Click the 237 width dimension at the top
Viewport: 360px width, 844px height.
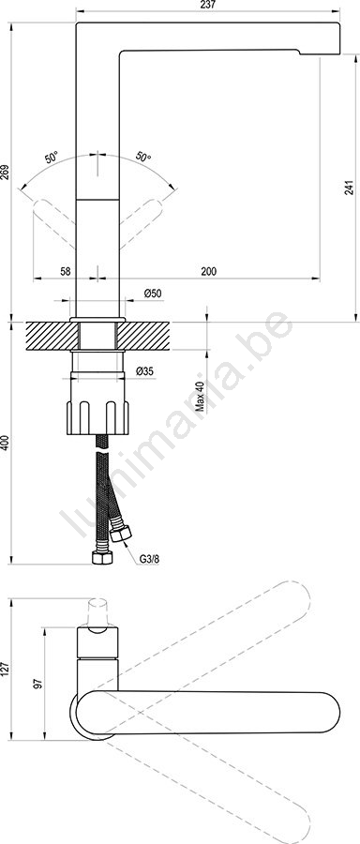pos(208,5)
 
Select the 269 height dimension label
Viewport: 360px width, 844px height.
pos(6,173)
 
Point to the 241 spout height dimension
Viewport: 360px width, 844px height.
pos(350,187)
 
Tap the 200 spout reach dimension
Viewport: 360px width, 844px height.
pos(208,271)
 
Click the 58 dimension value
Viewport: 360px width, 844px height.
pos(65,271)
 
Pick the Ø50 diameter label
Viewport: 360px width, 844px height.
pos(153,294)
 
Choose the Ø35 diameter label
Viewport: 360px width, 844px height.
pos(145,370)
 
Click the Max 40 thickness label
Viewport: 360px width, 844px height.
pos(201,397)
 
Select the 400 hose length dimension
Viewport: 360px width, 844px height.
pos(6,443)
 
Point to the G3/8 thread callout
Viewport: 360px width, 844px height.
pos(149,559)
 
